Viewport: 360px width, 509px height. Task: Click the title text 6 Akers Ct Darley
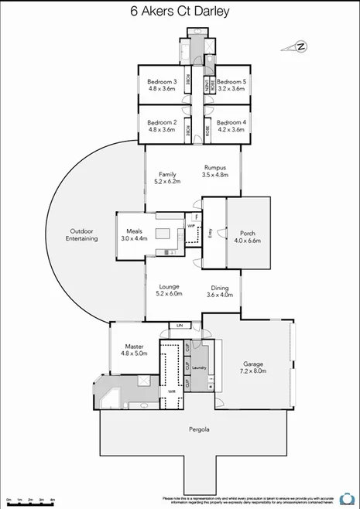pos(180,12)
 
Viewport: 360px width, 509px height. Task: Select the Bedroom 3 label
pos(163,81)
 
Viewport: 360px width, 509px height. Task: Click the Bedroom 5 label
pos(231,81)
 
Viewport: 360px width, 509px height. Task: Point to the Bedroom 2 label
pos(163,122)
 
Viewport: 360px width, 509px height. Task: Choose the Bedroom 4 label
pos(231,122)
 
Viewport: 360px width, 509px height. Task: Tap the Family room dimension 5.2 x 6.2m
pos(167,182)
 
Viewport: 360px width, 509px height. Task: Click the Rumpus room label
pos(214,167)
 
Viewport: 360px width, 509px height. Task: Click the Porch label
pos(248,233)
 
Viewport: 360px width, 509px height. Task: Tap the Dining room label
pos(220,287)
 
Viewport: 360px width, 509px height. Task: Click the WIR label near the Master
pos(161,393)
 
